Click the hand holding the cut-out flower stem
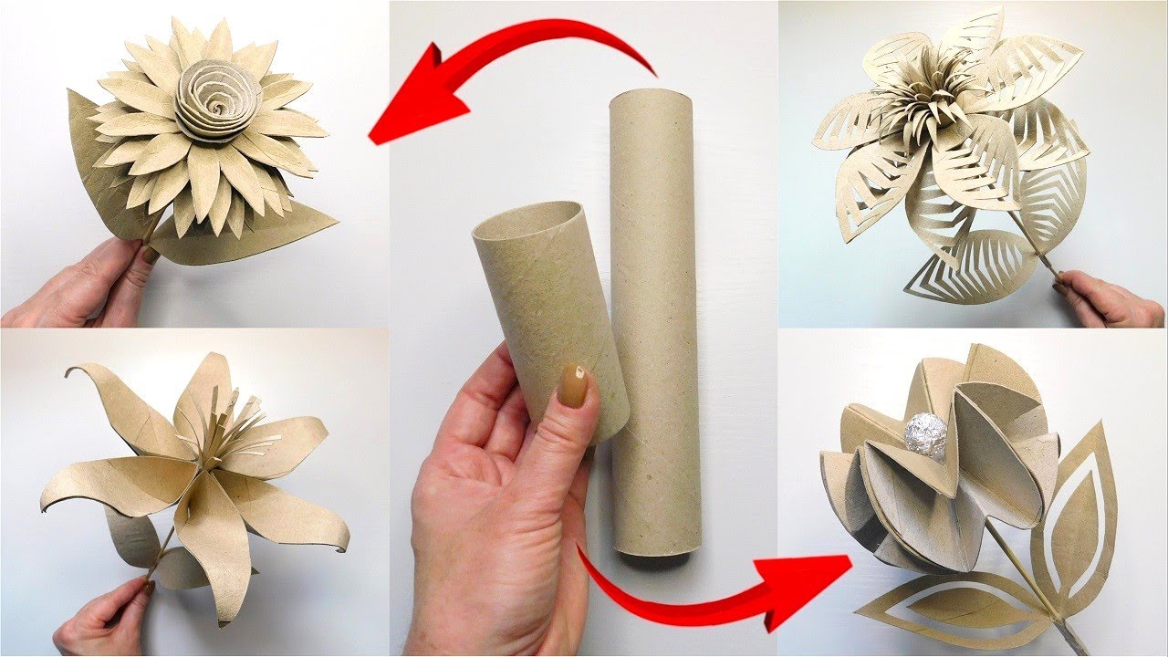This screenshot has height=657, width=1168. (1109, 297)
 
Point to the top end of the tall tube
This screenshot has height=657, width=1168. (650, 97)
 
